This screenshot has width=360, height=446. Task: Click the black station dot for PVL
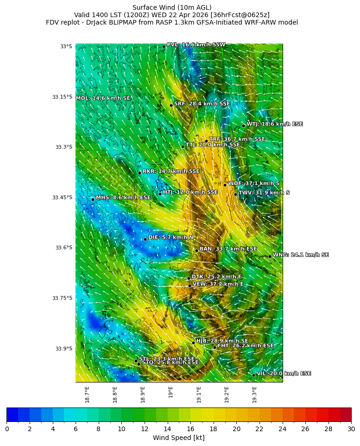(164, 46)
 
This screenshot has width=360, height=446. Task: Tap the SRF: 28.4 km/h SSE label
(202, 104)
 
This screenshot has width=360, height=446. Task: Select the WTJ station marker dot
(243, 126)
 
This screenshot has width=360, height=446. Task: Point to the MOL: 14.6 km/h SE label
(103, 98)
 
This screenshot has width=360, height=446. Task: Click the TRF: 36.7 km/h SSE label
(237, 139)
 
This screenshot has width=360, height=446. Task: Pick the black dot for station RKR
(139, 173)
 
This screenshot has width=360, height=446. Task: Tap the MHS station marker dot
(93, 199)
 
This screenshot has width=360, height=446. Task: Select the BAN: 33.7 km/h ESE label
(228, 249)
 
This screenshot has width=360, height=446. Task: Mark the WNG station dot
(270, 256)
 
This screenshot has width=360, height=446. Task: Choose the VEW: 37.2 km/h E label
(218, 284)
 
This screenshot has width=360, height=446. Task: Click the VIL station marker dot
(254, 375)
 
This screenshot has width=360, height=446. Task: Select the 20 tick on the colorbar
(236, 429)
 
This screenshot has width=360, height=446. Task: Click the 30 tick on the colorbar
(351, 429)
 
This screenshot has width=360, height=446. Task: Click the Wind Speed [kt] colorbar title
(179, 438)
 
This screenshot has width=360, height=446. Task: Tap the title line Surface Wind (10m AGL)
(172, 7)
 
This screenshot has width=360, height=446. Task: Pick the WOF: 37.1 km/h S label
(253, 184)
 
